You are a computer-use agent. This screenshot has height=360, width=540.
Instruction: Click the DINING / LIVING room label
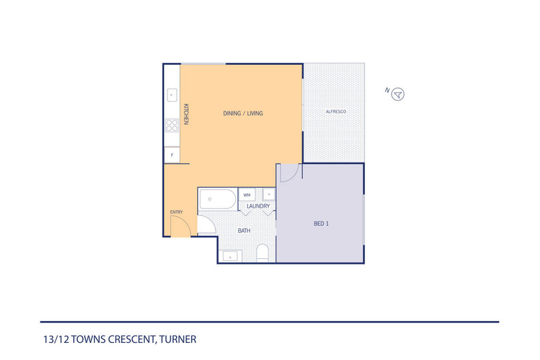(243, 113)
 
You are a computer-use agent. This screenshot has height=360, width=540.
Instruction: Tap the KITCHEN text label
(185, 114)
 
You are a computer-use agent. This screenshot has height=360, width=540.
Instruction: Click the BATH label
(243, 231)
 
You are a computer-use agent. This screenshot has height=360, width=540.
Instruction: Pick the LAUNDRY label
(258, 206)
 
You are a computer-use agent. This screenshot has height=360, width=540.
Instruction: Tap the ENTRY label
(176, 212)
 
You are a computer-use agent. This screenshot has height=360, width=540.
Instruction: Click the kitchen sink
(171, 95)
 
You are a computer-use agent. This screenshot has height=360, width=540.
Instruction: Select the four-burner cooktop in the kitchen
(171, 124)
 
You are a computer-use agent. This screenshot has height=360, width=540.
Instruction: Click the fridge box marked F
(171, 154)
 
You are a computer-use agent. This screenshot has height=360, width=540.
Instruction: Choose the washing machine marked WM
(246, 194)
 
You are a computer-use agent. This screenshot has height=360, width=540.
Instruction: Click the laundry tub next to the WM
(268, 194)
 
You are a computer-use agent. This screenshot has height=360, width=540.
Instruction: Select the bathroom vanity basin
(230, 256)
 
